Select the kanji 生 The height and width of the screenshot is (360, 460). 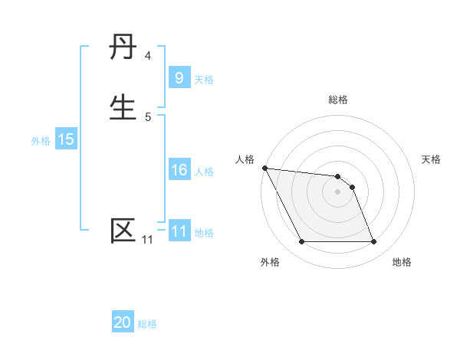123,106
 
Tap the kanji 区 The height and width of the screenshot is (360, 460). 123,231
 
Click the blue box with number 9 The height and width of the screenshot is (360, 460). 179,77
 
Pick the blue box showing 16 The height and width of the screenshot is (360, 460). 179,170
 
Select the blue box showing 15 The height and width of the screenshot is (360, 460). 65,139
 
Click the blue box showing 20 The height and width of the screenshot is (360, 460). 123,322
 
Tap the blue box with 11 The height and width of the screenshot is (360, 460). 179,231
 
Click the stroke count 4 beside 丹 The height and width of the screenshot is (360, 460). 148,56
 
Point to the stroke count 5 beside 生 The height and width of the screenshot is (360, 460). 148,116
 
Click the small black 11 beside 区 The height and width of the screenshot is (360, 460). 147,240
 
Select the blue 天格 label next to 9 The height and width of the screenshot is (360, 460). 204,79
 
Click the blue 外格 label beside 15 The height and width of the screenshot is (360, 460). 41,141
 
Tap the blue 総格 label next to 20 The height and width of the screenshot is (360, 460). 147,324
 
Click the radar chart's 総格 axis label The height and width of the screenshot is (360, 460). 338,100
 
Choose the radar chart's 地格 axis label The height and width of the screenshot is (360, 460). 402,262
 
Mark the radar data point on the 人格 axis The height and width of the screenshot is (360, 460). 264,168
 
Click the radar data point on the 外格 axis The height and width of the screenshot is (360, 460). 301,242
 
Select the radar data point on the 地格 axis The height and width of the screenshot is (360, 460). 373,242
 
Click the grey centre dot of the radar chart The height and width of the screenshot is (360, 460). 337,191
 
